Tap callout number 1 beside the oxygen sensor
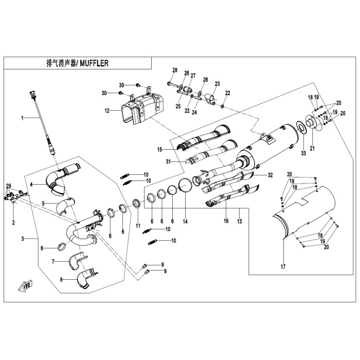[22, 118]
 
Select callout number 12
[107, 110]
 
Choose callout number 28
[174, 70]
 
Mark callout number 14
[185, 221]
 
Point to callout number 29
[8, 186]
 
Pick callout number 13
[239, 221]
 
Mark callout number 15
[159, 149]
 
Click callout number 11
[138, 226]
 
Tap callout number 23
[218, 83]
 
